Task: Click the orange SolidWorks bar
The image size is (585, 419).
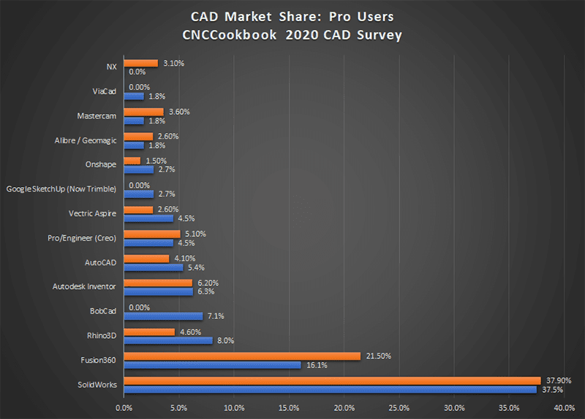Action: (332, 380)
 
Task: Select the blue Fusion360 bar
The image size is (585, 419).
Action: (212, 364)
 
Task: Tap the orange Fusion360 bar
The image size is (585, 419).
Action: (242, 356)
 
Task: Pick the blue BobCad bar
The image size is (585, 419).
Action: (163, 317)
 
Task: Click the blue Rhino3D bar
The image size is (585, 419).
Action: (168, 340)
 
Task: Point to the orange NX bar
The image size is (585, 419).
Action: (141, 63)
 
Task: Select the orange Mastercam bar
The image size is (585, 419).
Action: (143, 112)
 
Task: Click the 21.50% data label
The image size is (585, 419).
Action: (379, 355)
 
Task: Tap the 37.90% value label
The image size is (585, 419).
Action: (559, 380)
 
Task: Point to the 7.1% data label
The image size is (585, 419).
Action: (215, 317)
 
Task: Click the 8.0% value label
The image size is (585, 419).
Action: (225, 340)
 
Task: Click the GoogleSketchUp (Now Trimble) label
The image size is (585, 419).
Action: (61, 189)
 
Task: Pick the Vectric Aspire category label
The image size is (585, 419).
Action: (91, 214)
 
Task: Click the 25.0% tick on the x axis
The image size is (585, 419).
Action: (399, 407)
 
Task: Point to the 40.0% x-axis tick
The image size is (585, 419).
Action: (564, 407)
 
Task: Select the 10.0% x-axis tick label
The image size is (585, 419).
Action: (234, 407)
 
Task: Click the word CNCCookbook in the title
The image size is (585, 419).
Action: (238, 35)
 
